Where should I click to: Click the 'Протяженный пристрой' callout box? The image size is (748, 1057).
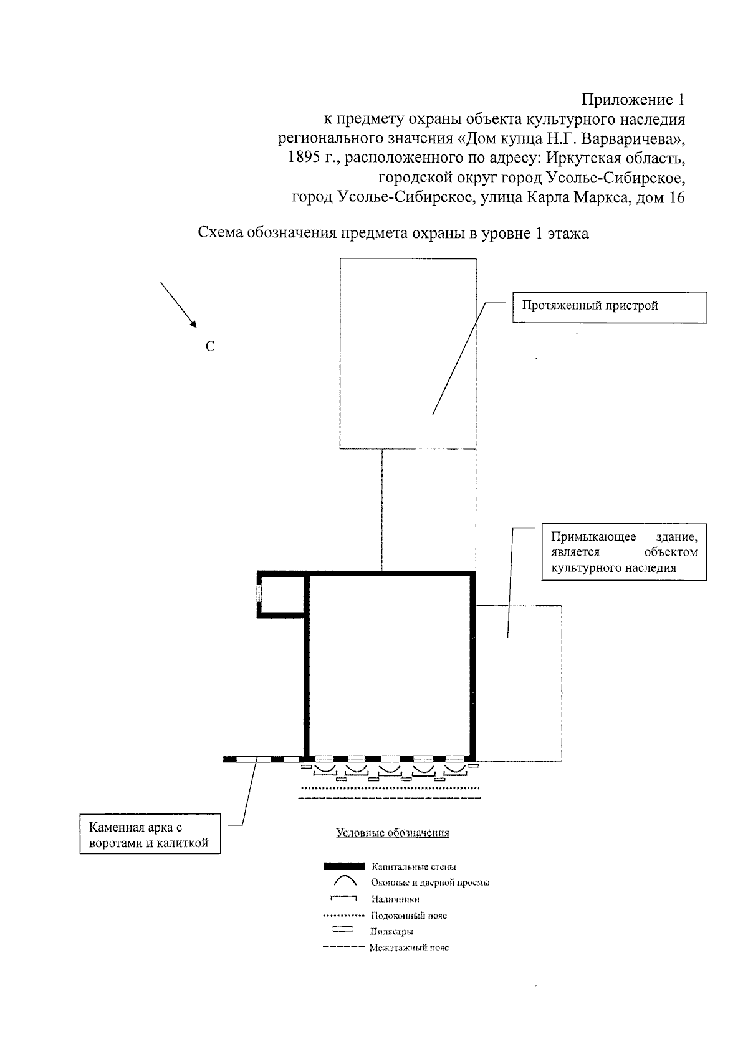(x=608, y=306)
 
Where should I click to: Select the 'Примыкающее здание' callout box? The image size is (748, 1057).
(x=624, y=552)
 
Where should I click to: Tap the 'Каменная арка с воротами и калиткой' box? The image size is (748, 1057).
(x=150, y=836)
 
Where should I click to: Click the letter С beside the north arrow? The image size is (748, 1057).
(x=210, y=347)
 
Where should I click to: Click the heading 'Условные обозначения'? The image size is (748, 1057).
(x=393, y=833)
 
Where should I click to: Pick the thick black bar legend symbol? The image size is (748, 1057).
(x=343, y=866)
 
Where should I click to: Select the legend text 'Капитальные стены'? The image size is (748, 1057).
(x=413, y=866)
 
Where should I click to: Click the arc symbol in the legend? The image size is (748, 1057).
(x=345, y=881)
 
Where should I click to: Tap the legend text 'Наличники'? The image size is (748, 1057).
(x=395, y=899)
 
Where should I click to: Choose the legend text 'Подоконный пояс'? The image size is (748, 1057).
(x=408, y=916)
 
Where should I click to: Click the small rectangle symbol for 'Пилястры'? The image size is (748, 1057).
(x=343, y=931)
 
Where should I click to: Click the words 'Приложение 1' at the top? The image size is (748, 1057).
(x=633, y=100)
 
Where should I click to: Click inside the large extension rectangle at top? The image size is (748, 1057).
(x=408, y=353)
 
